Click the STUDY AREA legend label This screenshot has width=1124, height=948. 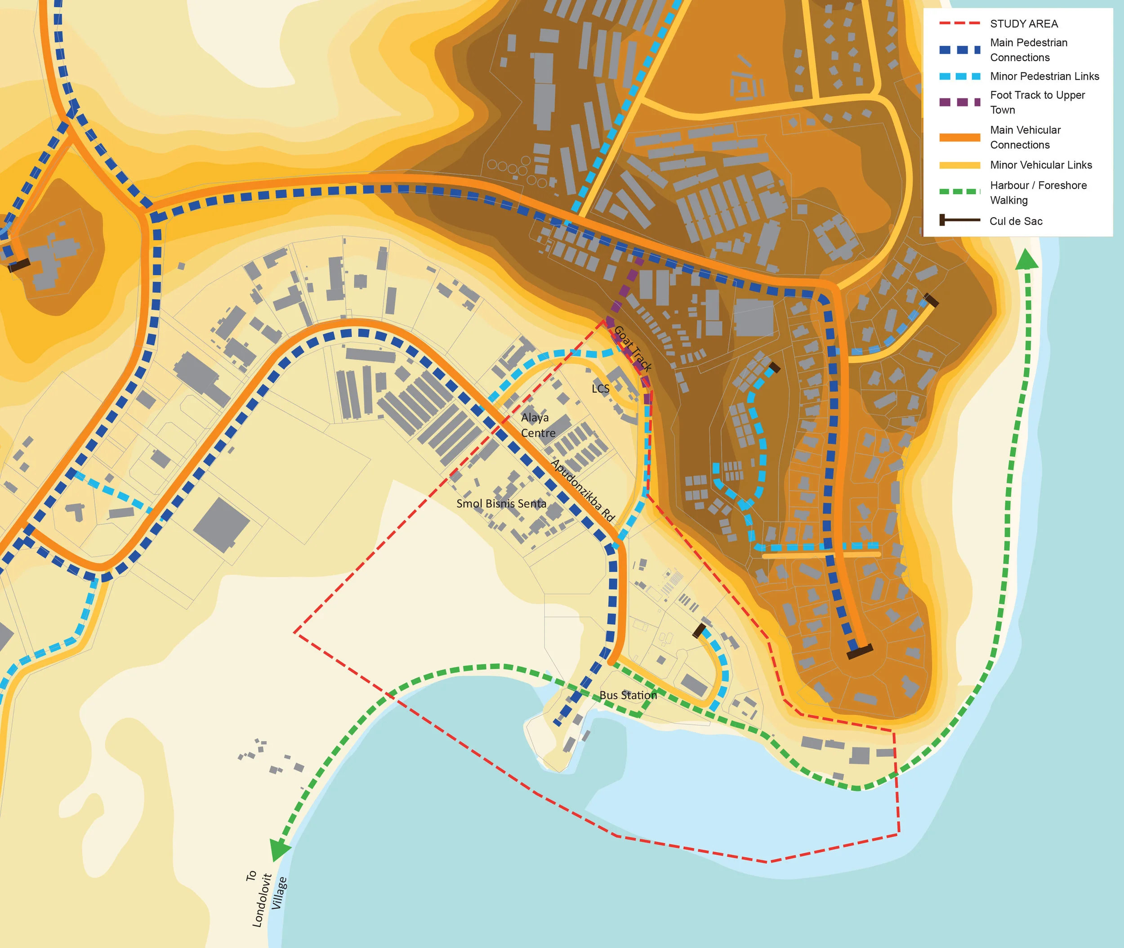coord(1024,24)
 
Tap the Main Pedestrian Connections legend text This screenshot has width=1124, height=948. coord(1028,50)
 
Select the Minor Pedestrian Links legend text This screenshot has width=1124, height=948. coord(1044,76)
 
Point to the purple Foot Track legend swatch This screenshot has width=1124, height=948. coord(959,102)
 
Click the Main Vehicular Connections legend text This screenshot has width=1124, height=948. coord(1025,137)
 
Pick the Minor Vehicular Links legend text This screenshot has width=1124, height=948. coord(1041,165)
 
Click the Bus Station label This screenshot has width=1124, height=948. coord(628,695)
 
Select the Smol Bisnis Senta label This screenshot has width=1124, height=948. coord(501,504)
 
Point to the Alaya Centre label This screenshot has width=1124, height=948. coord(537,425)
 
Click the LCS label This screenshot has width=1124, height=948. coord(600,389)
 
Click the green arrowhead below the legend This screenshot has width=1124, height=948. coord(1027,259)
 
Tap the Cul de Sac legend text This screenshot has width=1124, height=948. coord(1016,221)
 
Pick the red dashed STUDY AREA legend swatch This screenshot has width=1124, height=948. coord(959,24)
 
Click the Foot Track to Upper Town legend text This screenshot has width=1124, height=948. coord(1037,102)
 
